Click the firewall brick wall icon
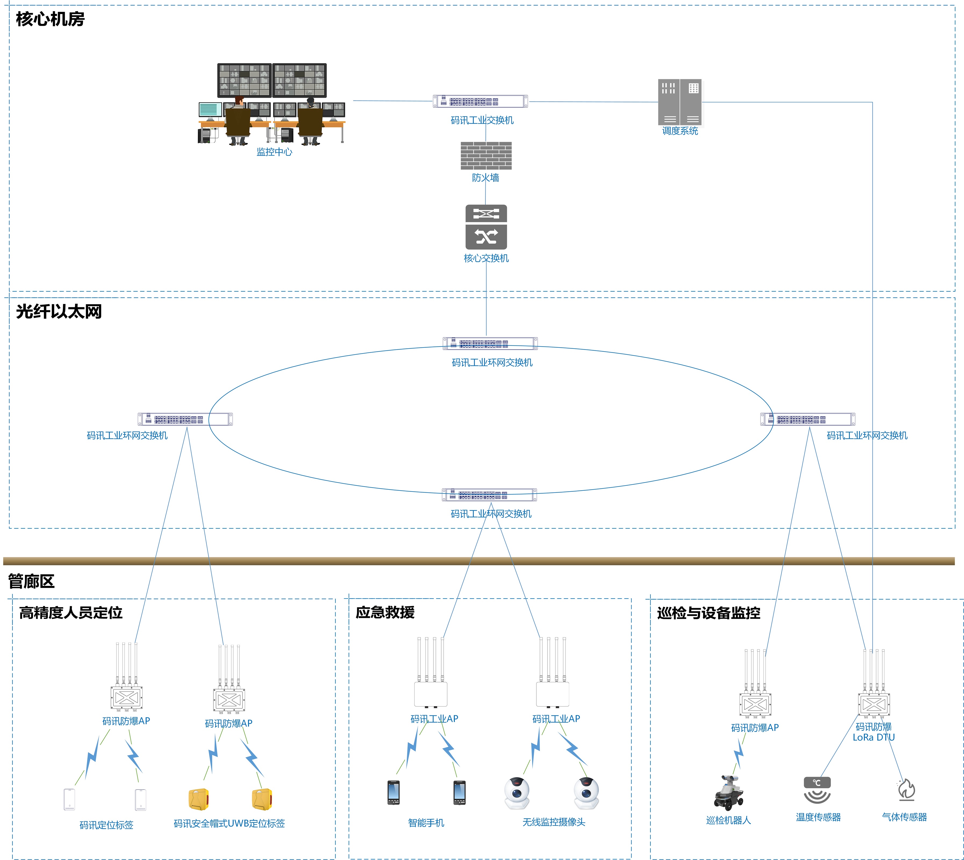(x=486, y=155)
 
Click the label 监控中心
(x=274, y=152)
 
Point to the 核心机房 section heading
(x=50, y=19)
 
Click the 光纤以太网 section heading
(x=59, y=311)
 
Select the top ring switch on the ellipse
(x=490, y=343)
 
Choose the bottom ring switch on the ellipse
(x=489, y=495)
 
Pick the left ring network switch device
(x=185, y=419)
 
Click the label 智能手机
(x=426, y=823)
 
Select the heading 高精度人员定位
(x=71, y=613)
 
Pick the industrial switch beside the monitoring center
(x=480, y=101)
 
